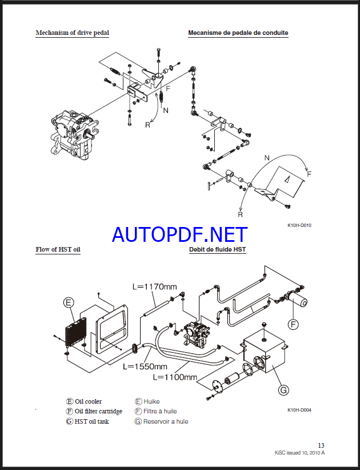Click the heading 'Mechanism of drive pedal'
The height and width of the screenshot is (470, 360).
[72, 33]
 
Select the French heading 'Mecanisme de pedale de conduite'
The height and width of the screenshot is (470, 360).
[238, 33]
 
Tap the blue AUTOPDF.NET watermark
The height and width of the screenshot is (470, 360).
[179, 234]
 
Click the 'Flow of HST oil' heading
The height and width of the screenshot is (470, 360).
[58, 249]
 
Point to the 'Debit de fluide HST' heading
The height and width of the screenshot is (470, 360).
[218, 249]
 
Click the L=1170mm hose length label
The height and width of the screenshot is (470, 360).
[154, 286]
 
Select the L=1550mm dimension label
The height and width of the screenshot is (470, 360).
[145, 367]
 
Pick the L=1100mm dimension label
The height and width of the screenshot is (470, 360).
[175, 377]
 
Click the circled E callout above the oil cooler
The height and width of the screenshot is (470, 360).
[69, 302]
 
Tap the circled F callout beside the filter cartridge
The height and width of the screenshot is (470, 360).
[293, 324]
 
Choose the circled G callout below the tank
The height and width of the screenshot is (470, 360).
[283, 390]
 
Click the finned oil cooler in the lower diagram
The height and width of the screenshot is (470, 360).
[75, 333]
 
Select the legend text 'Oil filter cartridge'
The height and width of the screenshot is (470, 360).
[98, 411]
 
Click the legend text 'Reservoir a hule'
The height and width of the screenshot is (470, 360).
[166, 421]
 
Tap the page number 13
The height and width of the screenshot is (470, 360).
[321, 445]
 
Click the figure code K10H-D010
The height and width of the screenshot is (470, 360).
[299, 225]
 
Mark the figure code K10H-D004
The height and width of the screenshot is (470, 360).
[299, 410]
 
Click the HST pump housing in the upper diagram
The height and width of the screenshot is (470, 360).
[74, 133]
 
